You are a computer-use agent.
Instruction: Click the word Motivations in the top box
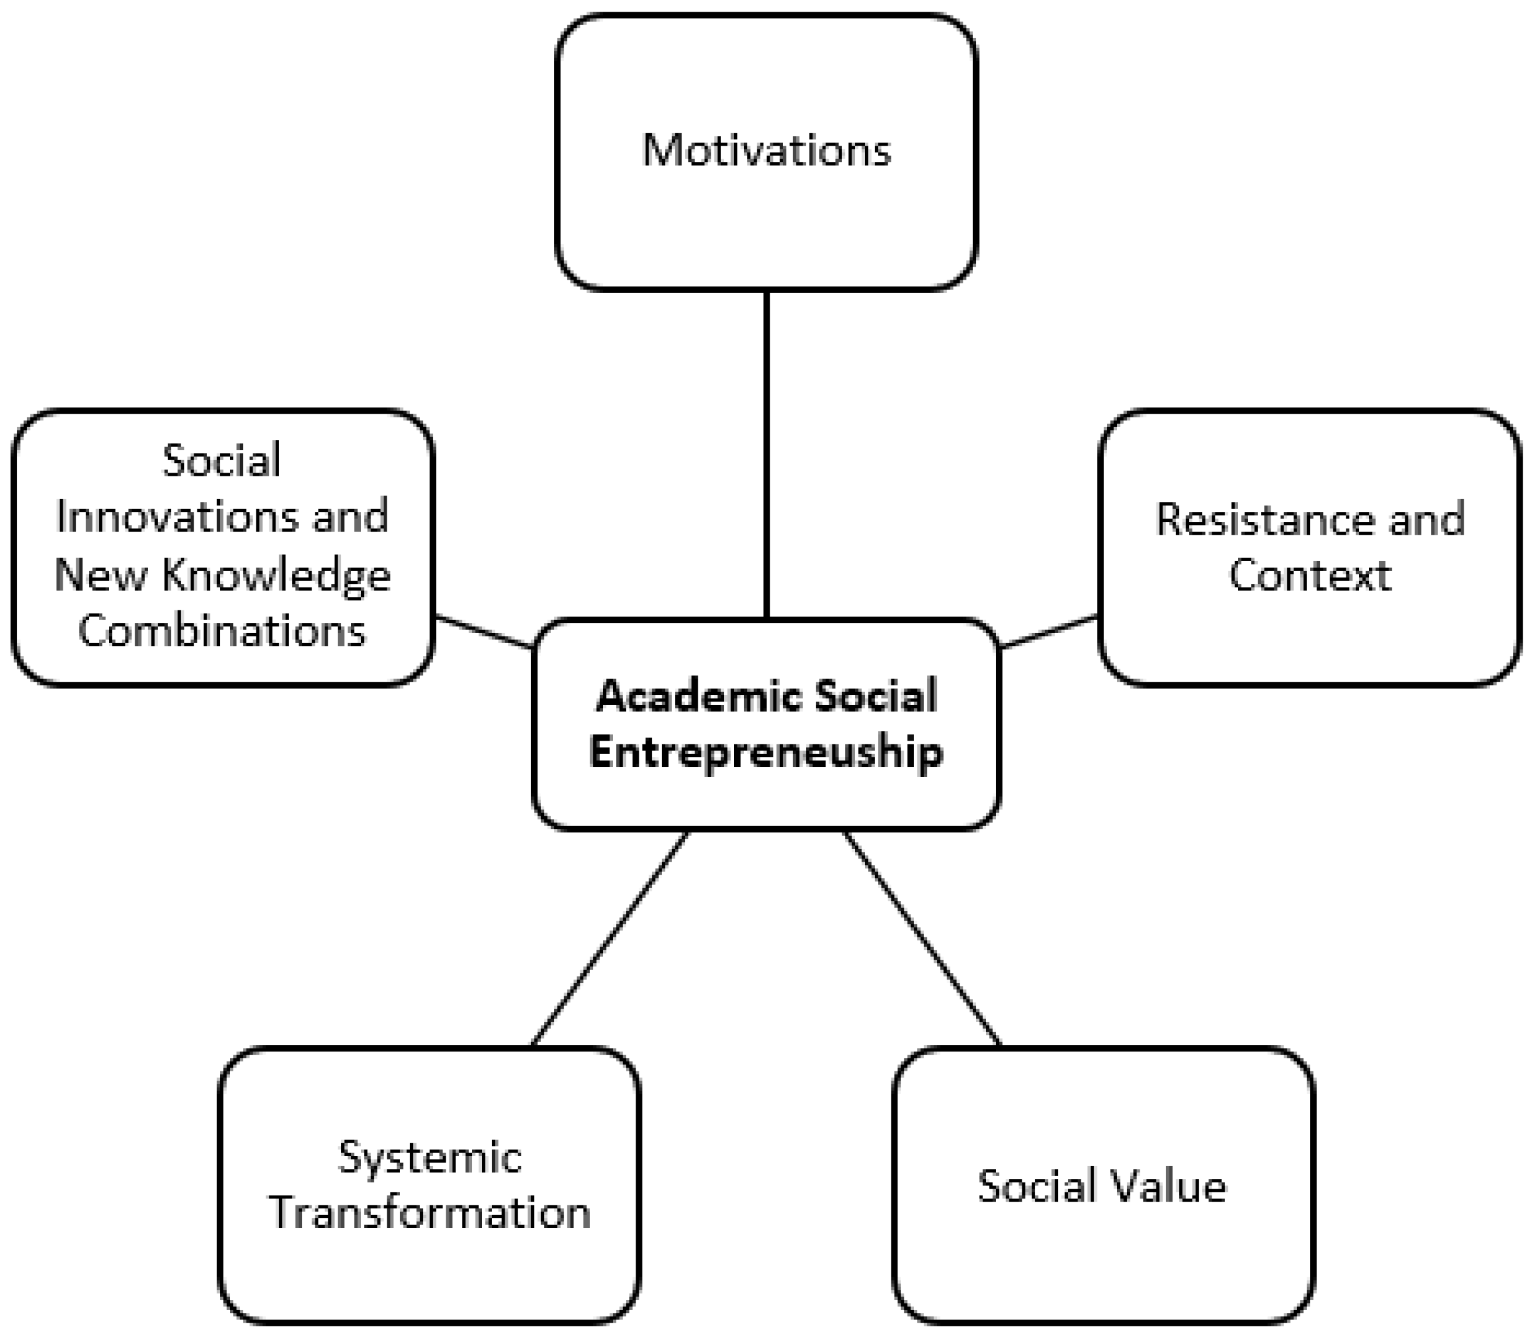pyautogui.click(x=766, y=151)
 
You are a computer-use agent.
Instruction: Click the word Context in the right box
pyautogui.click(x=1310, y=575)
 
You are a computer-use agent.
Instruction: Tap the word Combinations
pyautogui.click(x=222, y=632)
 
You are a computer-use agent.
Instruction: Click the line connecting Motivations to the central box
pyautogui.click(x=766, y=454)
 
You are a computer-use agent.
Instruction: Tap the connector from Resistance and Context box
pyautogui.click(x=1049, y=631)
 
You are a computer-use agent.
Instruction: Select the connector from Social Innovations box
pyautogui.click(x=484, y=632)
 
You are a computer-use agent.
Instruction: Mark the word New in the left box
pyautogui.click(x=100, y=575)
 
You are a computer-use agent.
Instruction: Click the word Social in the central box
pyautogui.click(x=875, y=697)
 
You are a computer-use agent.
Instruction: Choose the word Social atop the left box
pyautogui.click(x=222, y=460)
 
